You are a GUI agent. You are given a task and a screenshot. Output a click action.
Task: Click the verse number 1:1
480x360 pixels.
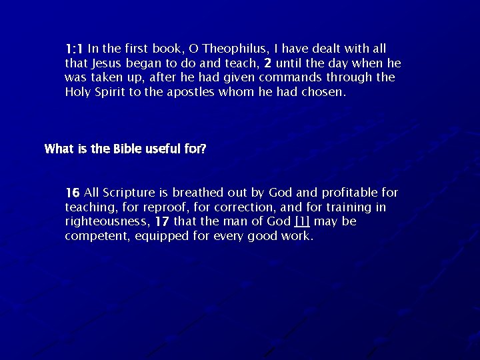coord(74,49)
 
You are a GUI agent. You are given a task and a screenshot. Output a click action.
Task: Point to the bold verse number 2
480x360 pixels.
coord(267,63)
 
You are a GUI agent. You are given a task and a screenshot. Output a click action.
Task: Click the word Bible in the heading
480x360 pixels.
coord(127,149)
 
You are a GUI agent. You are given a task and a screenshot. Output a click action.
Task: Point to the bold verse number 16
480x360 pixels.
coord(73,193)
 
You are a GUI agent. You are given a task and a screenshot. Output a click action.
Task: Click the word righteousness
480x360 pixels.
coord(107,222)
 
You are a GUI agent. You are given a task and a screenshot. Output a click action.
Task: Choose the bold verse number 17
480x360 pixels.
coord(161,221)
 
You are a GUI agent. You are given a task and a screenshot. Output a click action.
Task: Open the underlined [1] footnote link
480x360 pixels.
coord(302,221)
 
